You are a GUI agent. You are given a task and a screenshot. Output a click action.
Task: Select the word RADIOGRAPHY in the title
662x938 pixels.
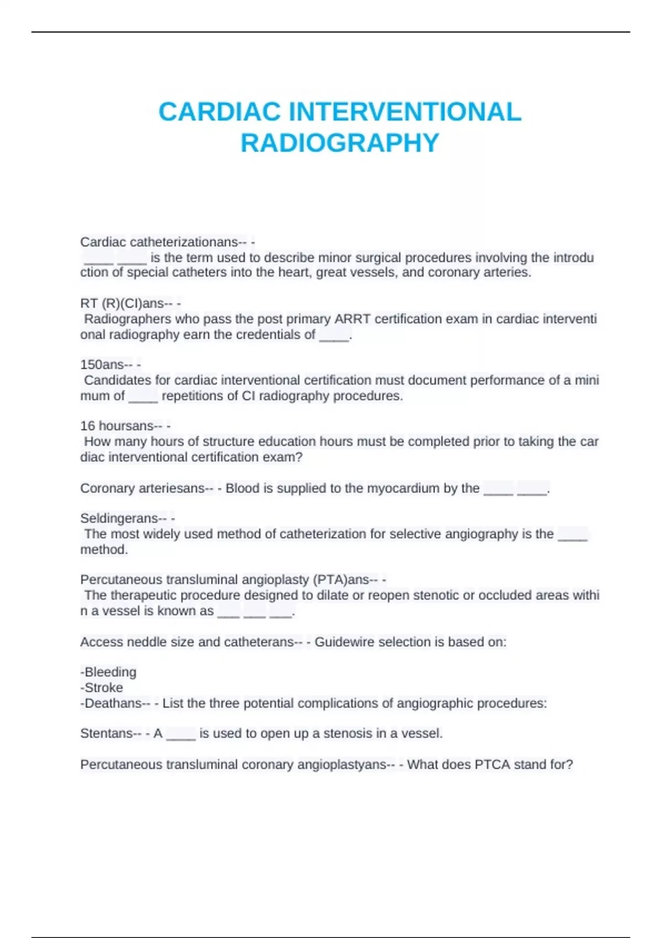pos(340,143)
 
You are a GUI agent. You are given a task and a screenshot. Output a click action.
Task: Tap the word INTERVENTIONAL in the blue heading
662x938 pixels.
pos(405,112)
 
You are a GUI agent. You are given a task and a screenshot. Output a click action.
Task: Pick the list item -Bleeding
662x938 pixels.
pos(109,672)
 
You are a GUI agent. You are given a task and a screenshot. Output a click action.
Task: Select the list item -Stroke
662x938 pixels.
pos(102,687)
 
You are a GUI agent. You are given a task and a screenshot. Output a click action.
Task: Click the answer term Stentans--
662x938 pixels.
pos(111,733)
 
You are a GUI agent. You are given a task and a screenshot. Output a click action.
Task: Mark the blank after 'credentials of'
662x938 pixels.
pos(334,335)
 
